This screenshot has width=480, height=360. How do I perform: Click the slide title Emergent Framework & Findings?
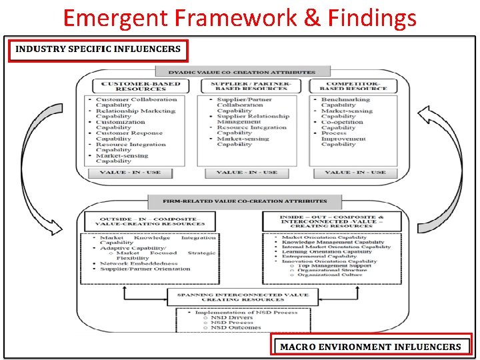coord(239,17)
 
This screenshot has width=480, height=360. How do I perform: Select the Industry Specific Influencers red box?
coord(98,49)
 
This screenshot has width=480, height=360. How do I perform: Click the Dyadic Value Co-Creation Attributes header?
coord(240,71)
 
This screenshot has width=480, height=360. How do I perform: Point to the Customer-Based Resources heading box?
coord(131,86)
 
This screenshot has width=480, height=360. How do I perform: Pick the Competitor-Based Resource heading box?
coord(353,86)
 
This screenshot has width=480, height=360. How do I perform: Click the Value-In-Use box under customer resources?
coord(131,173)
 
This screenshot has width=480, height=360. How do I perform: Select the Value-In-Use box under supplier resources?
coord(247,173)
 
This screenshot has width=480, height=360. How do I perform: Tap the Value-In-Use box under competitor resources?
coord(355,173)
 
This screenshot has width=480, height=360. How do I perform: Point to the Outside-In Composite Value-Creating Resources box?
coord(148,222)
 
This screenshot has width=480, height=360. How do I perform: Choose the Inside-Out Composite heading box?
coord(333,222)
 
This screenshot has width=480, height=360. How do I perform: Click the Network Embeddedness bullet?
coord(136,263)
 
